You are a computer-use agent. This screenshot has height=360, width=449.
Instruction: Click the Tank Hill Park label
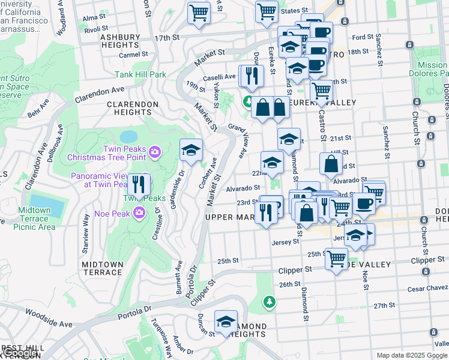point(140,75)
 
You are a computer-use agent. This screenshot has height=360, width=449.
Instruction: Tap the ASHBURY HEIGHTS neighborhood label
point(119,41)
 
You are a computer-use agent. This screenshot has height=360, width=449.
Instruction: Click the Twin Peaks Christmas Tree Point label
point(106,153)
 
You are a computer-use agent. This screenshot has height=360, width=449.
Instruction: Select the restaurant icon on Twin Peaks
point(139,186)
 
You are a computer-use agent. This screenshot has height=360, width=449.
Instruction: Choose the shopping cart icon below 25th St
point(336,259)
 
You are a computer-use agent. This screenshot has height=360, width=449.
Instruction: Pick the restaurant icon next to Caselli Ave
point(252,76)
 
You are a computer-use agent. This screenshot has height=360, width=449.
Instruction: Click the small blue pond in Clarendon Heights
point(128,137)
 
